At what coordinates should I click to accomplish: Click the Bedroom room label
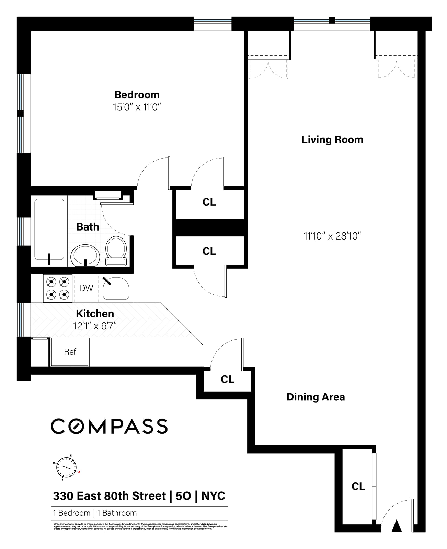coord(137,95)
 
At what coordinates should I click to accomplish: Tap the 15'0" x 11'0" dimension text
coord(137,107)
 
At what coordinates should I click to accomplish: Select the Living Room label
coord(332,140)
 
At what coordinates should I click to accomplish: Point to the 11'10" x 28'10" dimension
coord(332,236)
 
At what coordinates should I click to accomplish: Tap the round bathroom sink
coord(85,256)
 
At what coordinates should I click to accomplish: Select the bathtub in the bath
coord(49,230)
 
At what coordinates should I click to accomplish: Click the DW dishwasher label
coord(86,288)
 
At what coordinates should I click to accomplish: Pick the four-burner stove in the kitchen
coord(58,288)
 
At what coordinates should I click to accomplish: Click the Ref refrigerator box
coord(70,352)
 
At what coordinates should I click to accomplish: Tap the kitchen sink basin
coord(116,288)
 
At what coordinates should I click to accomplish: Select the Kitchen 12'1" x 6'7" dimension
coord(95,326)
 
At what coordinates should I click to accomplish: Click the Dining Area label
coord(316,397)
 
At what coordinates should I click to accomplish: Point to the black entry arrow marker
coord(397,526)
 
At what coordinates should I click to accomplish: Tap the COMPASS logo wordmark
coord(109,426)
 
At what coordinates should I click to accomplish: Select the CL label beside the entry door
coord(358,486)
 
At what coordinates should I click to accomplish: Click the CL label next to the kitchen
coord(227,379)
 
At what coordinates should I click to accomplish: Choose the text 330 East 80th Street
coord(110,496)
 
